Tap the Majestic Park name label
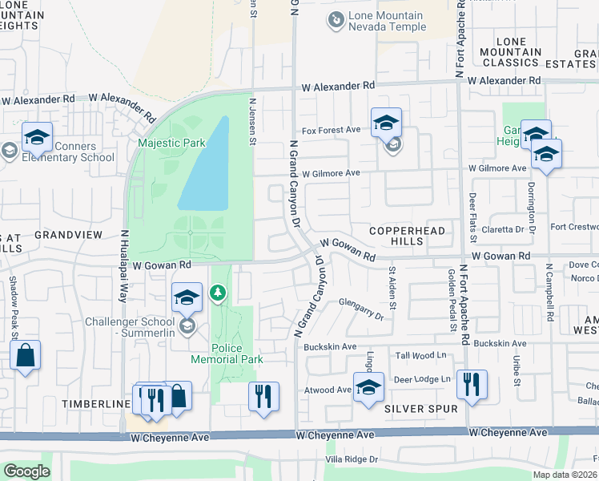(171, 143)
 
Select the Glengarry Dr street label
(361, 310)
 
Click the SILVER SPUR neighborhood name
(420, 409)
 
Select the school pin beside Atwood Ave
(368, 389)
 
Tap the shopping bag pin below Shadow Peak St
(25, 356)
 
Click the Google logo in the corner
(26, 471)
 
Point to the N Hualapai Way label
(125, 265)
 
